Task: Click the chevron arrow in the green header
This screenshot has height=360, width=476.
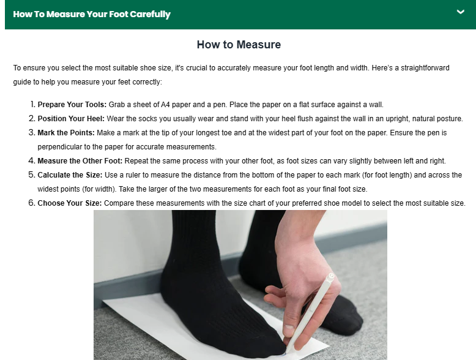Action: [x=461, y=12]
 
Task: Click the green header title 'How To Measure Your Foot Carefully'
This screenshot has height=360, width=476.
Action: [x=92, y=14]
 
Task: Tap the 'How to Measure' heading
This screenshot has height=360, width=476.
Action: [x=239, y=44]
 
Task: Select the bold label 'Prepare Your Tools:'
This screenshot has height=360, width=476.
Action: [x=72, y=105]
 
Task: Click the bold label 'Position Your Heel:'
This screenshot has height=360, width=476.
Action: [x=71, y=119]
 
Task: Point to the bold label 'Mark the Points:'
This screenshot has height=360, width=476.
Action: [x=66, y=133]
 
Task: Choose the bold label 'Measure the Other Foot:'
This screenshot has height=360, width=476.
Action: [x=80, y=160]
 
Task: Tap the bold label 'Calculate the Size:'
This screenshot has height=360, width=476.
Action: [x=70, y=175]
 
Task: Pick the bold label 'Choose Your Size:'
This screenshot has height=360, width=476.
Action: [x=70, y=203]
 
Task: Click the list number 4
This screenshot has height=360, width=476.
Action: [x=32, y=160]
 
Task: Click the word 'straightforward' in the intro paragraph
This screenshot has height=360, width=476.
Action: [x=425, y=68]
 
